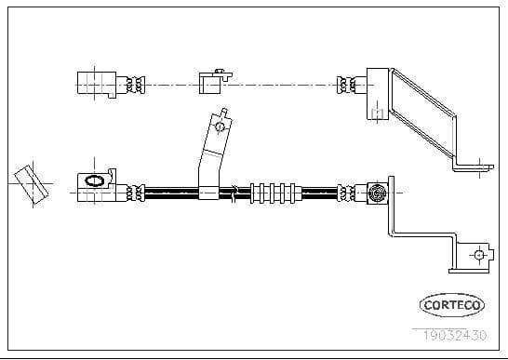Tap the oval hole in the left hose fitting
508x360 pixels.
[x=95, y=180]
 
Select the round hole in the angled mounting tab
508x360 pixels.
[x=220, y=125]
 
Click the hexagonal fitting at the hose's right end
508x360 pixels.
[x=378, y=193]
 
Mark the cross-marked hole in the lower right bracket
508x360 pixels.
[x=478, y=255]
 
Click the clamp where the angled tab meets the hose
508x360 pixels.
[x=210, y=192]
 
